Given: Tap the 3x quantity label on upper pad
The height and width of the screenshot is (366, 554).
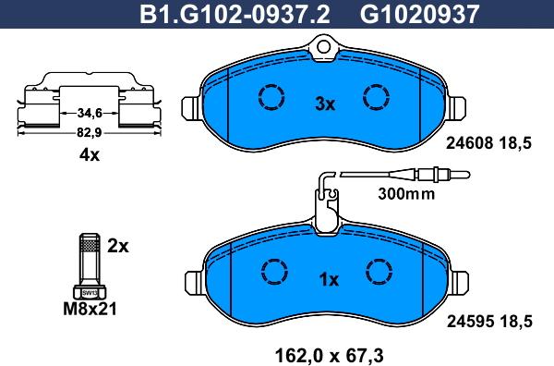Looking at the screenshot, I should pos(324,104).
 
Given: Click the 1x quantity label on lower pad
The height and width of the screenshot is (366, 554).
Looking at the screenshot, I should pos(330,279).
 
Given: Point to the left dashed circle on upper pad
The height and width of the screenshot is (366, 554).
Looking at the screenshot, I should pos(271,97).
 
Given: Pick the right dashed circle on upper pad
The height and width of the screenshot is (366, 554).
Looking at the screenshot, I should pos(376,97).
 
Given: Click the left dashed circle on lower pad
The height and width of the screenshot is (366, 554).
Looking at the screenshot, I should pos(273,270).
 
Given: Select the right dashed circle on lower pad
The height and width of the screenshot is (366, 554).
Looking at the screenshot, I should pos(379,270).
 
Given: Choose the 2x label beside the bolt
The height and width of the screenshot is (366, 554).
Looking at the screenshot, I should pos(117,246).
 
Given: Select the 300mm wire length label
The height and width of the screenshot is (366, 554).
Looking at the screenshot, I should pos(405,194).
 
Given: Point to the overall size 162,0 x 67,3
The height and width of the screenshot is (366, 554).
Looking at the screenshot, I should pos(329,352).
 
